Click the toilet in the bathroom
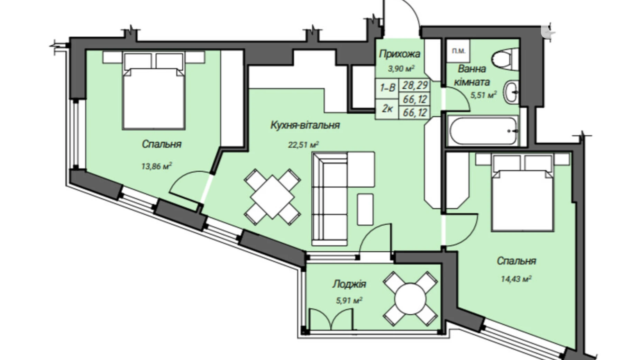505,59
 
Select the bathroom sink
511,92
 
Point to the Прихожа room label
400,54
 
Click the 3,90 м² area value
401,69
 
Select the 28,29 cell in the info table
415,85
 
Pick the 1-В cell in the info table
387,88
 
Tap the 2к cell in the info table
387,109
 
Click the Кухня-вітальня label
305,125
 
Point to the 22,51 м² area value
303,144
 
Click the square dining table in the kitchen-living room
272,197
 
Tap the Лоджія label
349,284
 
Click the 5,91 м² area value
349,300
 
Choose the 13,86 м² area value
157,166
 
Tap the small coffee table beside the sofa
365,209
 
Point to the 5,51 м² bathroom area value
483,95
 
